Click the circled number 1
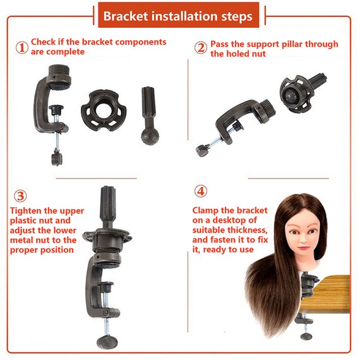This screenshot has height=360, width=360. pyautogui.click(x=22, y=48)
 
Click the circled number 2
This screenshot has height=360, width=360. pyautogui.click(x=201, y=48)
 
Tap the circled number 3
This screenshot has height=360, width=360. pyautogui.click(x=20, y=196)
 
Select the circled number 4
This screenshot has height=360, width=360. pyautogui.click(x=201, y=191)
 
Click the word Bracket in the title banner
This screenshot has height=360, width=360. pyautogui.click(x=126, y=16)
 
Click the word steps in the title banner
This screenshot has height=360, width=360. pyautogui.click(x=237, y=16)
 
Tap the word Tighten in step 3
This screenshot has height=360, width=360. pyautogui.click(x=25, y=211)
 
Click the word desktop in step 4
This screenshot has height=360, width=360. pyautogui.click(x=235, y=220)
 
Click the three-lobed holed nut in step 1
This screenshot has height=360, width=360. pyautogui.click(x=104, y=110)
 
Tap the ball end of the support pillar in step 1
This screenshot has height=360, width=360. pyautogui.click(x=150, y=136)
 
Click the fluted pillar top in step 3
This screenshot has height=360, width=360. pyautogui.click(x=108, y=207)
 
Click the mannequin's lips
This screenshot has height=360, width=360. pyautogui.click(x=304, y=248)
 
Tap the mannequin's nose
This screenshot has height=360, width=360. pyautogui.click(x=303, y=239)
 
